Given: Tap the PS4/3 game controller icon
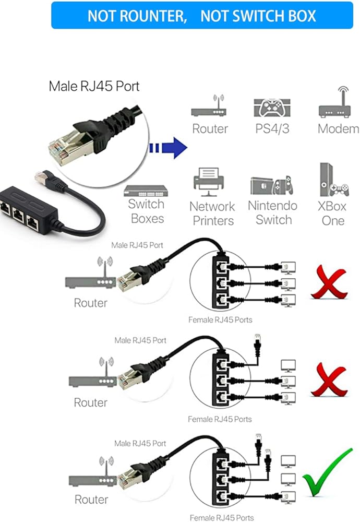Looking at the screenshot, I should [x=271, y=108].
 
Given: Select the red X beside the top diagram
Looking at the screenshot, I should [x=329, y=282].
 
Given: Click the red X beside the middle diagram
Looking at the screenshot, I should [x=329, y=381].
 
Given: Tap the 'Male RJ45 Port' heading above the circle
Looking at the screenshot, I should [x=94, y=86].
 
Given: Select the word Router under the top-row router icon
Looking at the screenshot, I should [x=210, y=128].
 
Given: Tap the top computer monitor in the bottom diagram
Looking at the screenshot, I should [x=288, y=461].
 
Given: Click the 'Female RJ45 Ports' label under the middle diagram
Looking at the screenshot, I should [x=220, y=419].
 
